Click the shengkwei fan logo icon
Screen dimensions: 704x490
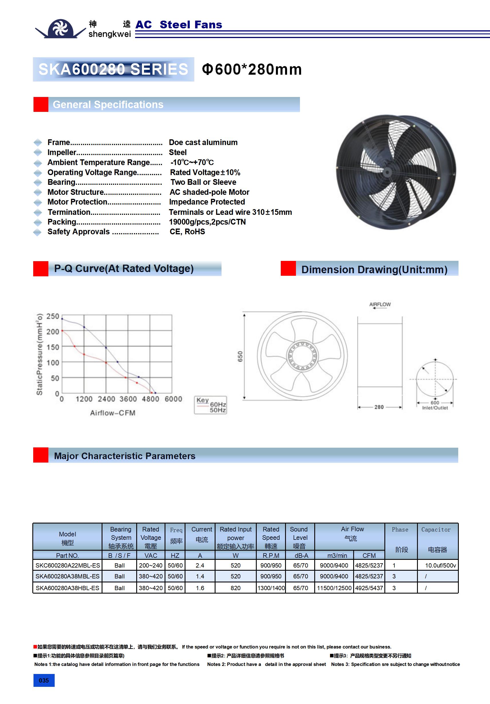[60, 29]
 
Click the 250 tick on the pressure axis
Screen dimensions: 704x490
[53, 316]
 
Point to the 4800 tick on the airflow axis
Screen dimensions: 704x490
[150, 399]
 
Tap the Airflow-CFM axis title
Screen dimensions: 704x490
[112, 413]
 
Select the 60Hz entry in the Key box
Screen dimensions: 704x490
[218, 404]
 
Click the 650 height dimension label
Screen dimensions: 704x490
[240, 356]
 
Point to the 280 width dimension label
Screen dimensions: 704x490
[379, 407]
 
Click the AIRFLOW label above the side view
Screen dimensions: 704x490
[380, 304]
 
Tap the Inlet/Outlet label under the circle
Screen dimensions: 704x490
[435, 408]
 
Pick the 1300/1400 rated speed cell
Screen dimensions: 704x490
[271, 588]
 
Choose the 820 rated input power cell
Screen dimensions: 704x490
[235, 588]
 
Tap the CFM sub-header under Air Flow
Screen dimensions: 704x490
[369, 556]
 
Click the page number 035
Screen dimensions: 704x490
[44, 680]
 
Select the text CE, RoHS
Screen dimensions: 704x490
[187, 231]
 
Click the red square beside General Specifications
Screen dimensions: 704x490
[41, 105]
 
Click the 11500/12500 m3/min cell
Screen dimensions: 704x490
[334, 588]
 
